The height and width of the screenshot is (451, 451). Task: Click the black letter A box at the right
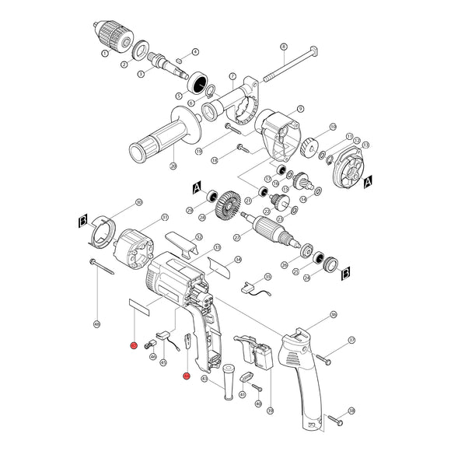368,180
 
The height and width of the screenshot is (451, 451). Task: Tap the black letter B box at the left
82,222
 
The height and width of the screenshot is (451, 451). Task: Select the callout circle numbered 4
195,51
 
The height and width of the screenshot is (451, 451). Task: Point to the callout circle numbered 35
268,276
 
